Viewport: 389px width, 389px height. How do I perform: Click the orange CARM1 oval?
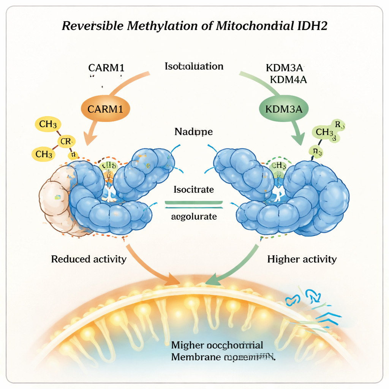105,109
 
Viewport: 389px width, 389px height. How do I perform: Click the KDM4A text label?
288,80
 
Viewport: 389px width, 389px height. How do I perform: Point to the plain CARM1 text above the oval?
106,68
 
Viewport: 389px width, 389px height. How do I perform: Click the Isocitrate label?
194,189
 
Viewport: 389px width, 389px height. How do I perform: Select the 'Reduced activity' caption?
89,259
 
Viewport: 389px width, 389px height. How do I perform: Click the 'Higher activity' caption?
302,259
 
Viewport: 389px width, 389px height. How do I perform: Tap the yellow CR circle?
65,142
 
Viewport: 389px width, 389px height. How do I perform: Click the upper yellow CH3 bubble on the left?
47,124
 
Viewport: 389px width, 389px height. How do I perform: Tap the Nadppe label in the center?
193,132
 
